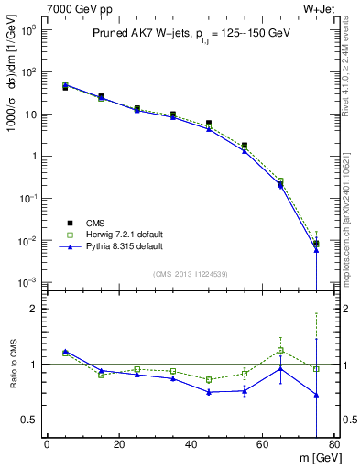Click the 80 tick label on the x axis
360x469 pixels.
pos(334,445)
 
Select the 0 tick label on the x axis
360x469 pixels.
pos(47,445)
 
